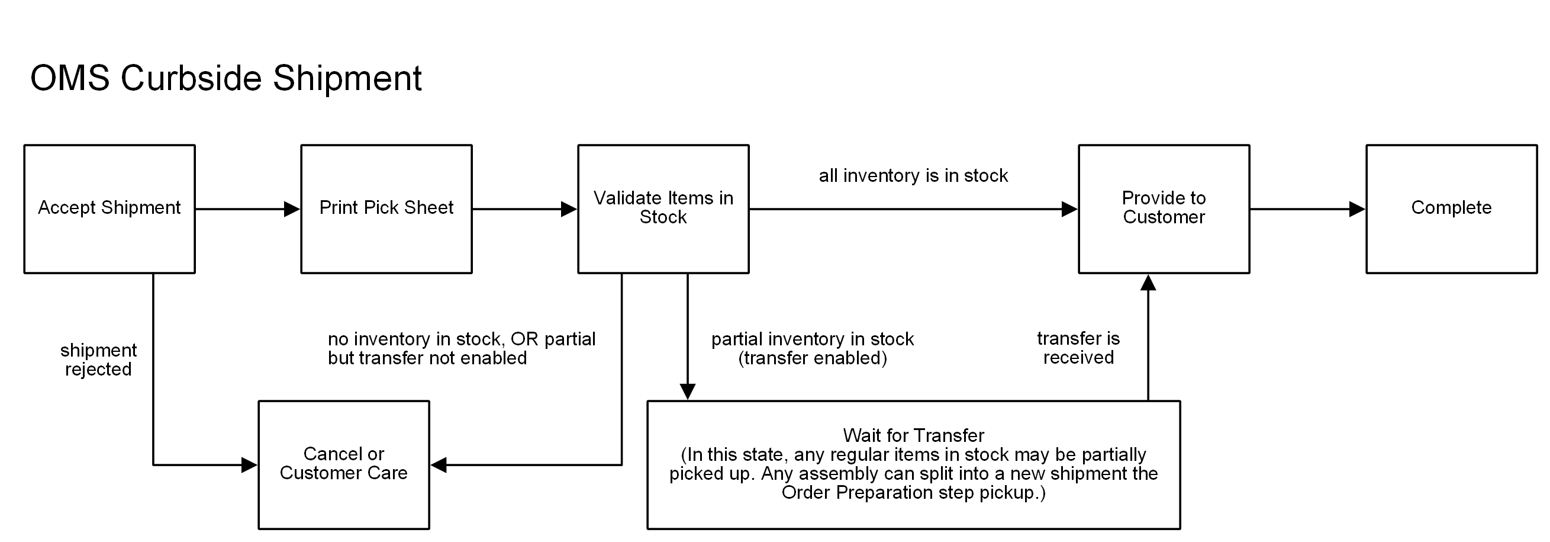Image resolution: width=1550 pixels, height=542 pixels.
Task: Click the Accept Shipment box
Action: (109, 209)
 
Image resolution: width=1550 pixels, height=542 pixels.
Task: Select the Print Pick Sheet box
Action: (386, 209)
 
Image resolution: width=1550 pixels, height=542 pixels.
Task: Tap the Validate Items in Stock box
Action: (663, 209)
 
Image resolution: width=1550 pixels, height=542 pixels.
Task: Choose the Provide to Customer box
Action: (1164, 209)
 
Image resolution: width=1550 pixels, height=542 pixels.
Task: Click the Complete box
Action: (1451, 209)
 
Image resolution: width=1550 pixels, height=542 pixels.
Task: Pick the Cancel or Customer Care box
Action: (344, 464)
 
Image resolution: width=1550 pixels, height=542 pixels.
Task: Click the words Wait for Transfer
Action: (913, 435)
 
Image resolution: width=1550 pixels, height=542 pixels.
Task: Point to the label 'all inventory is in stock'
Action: (913, 175)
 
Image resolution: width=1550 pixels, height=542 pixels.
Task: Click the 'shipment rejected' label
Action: (98, 360)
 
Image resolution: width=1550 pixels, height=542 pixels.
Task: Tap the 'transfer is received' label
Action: (1078, 348)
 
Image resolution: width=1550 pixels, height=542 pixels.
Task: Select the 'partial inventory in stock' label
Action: (813, 339)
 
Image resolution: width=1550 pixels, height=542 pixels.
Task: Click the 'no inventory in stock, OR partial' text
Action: (462, 339)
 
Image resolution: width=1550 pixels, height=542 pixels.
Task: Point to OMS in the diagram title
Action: (70, 78)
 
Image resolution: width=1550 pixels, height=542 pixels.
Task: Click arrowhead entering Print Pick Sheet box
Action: (292, 209)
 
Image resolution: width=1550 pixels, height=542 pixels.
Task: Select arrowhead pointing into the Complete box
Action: (1357, 209)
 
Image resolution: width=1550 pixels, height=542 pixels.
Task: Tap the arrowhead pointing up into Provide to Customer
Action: (1148, 283)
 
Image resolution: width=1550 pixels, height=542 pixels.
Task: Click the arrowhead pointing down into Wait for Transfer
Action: (687, 392)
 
